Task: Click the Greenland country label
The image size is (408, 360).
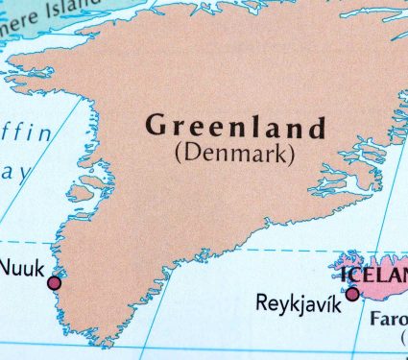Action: click(x=235, y=127)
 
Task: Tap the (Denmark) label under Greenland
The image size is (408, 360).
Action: click(x=234, y=152)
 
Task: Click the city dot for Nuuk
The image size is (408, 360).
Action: click(x=54, y=282)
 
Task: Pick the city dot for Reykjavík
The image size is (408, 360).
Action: click(x=352, y=294)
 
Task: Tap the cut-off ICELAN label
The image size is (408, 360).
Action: click(x=374, y=271)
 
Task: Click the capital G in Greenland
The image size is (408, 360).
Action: click(x=156, y=126)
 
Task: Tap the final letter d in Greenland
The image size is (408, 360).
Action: click(x=319, y=127)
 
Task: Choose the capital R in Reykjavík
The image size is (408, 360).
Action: click(x=262, y=303)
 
